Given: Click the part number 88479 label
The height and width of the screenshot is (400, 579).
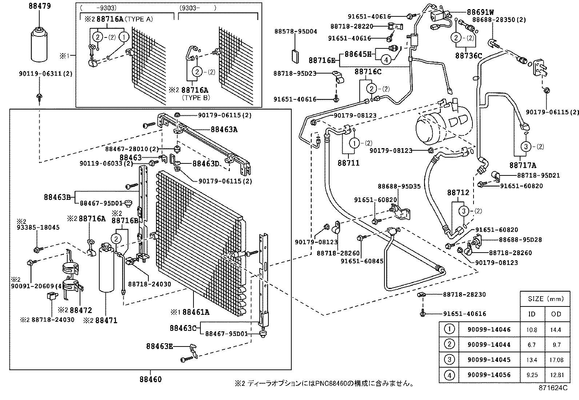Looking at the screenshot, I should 40,6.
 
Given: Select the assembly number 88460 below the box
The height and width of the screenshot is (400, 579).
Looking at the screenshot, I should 150,379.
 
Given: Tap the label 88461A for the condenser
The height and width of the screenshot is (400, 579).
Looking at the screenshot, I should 196,312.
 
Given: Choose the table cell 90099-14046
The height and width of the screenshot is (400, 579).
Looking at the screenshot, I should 489,329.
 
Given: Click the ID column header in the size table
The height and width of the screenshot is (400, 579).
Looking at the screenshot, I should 532,314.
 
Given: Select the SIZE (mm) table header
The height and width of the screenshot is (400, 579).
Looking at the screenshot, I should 544,298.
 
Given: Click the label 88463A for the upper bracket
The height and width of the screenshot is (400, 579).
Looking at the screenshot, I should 224,129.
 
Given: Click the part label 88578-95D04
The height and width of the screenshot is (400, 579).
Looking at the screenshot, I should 296,31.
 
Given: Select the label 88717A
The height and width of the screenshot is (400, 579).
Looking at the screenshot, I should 523,165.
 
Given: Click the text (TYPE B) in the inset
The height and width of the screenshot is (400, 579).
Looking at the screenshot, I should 196,98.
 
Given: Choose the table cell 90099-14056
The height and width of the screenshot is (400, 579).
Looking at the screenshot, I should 489,375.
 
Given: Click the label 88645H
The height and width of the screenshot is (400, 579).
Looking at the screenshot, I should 358,54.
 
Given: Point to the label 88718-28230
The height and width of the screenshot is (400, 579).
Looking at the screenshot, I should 464,294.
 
